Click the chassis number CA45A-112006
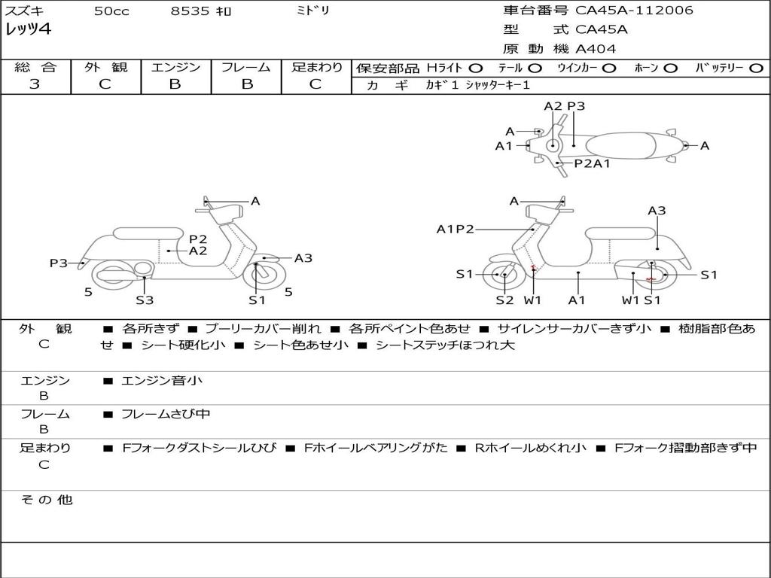coord(634,11)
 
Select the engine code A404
coord(596,49)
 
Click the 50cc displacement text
coord(110,11)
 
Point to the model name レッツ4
coord(28,30)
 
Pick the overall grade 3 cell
coord(35,84)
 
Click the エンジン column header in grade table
coord(175,67)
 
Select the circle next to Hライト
coord(475,68)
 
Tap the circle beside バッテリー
coord(756,68)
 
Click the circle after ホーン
coord(670,68)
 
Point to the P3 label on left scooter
coord(59,263)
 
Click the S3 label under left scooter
coord(145,300)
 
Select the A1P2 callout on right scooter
coord(455,229)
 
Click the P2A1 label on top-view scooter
coord(592,163)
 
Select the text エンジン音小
coord(162,381)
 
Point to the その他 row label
coord(46,499)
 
